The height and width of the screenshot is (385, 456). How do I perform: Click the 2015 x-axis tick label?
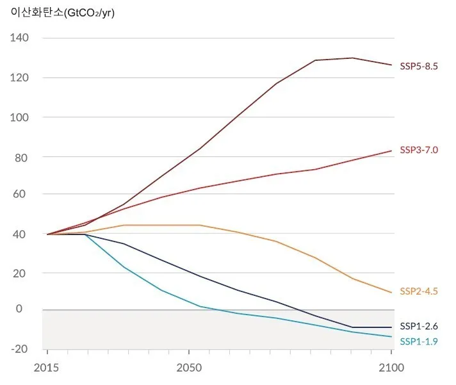point(47,368)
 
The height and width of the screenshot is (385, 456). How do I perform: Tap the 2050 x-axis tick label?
point(188,368)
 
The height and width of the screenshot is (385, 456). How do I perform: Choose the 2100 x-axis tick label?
point(391,368)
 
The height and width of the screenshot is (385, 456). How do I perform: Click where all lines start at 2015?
point(47,234)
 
